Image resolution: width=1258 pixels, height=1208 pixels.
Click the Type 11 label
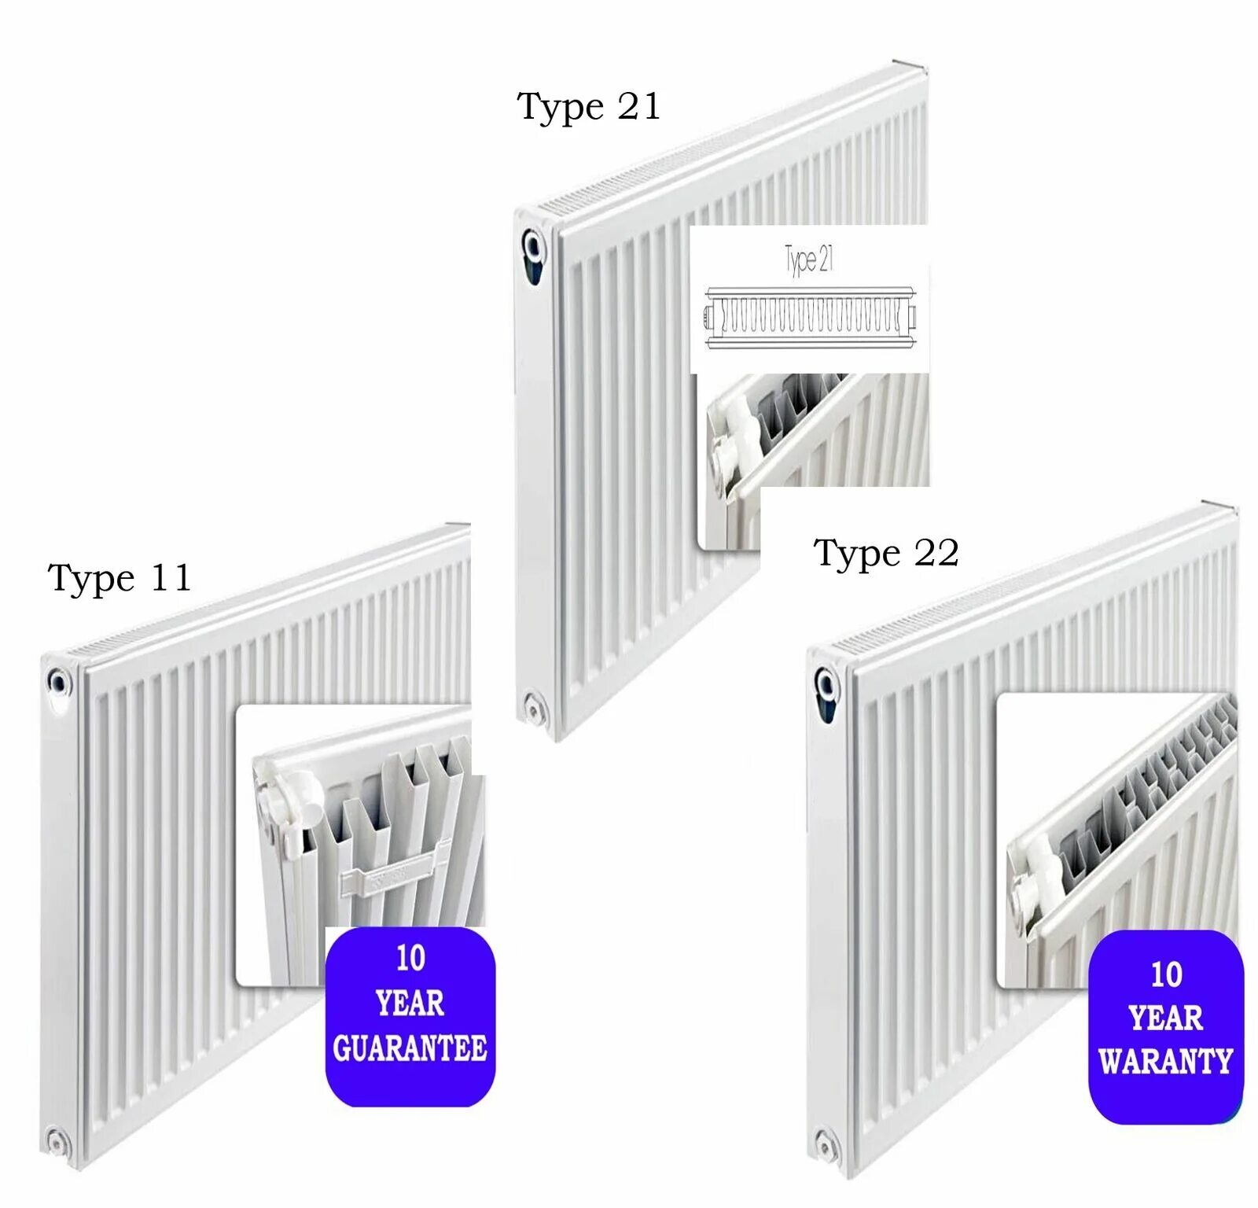[120, 578]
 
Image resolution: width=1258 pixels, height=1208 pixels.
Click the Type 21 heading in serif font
[588, 107]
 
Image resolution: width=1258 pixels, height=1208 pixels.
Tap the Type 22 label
[886, 553]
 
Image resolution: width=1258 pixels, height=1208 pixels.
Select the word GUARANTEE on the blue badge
[410, 1048]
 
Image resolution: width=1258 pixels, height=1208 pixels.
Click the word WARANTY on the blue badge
[1165, 1062]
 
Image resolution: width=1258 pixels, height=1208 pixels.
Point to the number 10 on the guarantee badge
[410, 958]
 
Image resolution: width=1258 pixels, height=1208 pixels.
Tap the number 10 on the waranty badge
[1166, 974]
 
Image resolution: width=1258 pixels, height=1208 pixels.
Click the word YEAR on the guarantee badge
[410, 1003]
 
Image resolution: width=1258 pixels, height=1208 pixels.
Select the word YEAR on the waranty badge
[1165, 1018]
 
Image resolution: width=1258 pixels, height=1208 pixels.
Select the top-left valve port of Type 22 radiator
[826, 684]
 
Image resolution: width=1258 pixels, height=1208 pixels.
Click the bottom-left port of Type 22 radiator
[825, 1144]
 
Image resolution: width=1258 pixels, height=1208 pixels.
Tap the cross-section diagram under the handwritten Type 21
[810, 318]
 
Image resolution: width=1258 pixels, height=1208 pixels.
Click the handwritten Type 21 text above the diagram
[809, 259]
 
